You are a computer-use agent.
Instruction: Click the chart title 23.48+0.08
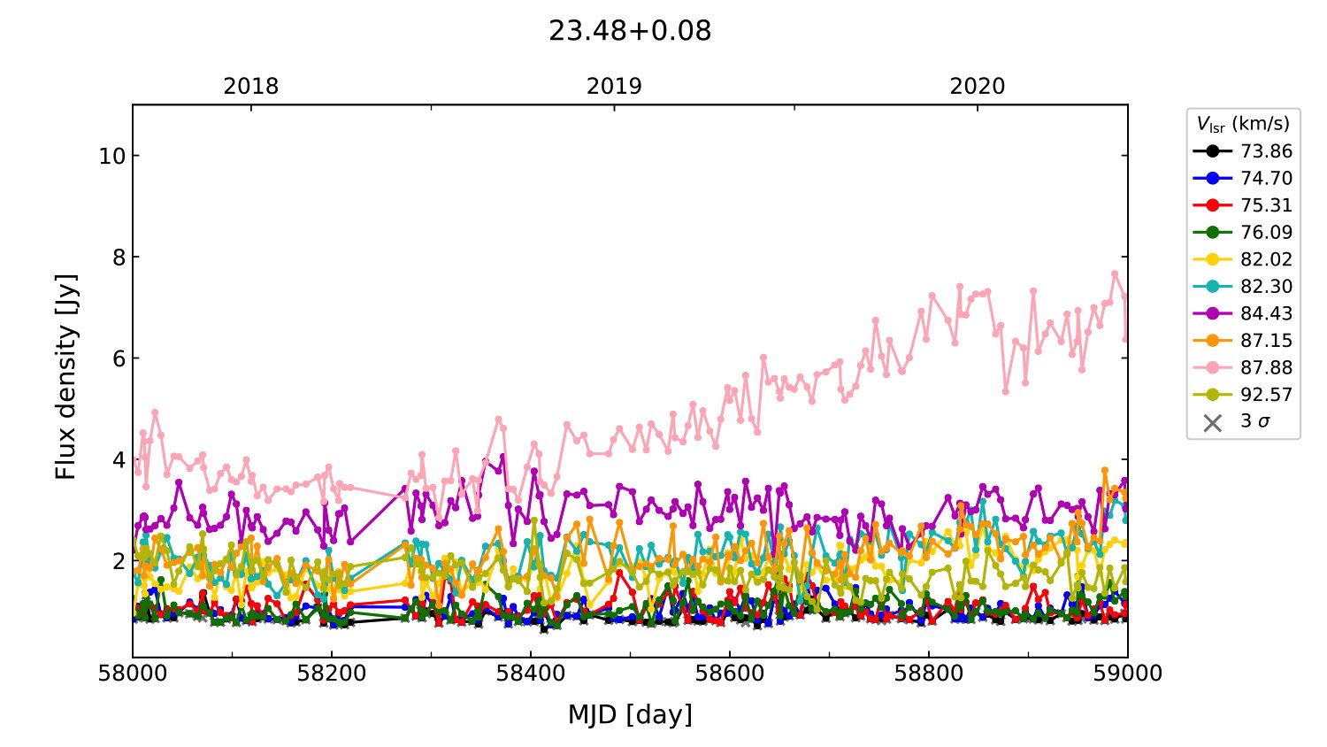pyautogui.click(x=630, y=31)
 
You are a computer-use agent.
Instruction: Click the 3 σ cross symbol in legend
pyautogui.click(x=1213, y=422)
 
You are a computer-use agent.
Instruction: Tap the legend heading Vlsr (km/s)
pyautogui.click(x=1243, y=124)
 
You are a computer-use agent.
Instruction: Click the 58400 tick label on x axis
pyautogui.click(x=531, y=674)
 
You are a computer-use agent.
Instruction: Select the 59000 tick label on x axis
pyautogui.click(x=1127, y=674)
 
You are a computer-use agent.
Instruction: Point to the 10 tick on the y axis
pyautogui.click(x=112, y=157)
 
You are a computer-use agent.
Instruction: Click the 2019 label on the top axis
pyautogui.click(x=614, y=87)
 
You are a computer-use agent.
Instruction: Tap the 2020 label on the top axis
pyautogui.click(x=978, y=87)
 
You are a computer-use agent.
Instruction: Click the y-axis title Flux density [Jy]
pyautogui.click(x=66, y=377)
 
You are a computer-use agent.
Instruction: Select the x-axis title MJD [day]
pyautogui.click(x=630, y=715)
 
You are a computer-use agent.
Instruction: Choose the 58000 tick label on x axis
pyautogui.click(x=133, y=674)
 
